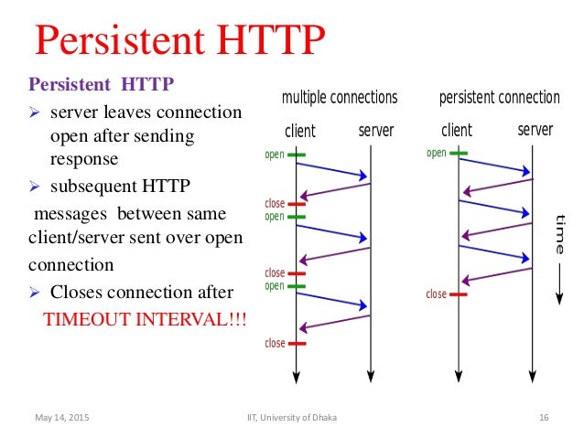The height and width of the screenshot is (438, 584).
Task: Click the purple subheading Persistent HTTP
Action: click(102, 86)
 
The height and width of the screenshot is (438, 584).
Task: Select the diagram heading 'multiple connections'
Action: click(339, 97)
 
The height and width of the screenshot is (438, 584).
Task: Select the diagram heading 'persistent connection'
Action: click(499, 97)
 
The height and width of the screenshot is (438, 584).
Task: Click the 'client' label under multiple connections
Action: click(300, 131)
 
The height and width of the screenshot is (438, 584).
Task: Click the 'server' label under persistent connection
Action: click(535, 130)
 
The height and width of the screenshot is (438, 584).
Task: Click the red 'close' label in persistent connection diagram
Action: click(436, 294)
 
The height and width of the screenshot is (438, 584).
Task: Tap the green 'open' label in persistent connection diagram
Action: click(436, 153)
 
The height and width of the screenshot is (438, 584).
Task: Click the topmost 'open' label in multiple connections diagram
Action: click(275, 155)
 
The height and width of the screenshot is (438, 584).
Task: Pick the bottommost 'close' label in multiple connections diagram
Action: click(275, 344)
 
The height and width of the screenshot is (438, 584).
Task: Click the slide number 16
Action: click(543, 418)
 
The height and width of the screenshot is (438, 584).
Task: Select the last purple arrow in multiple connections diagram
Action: click(335, 322)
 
